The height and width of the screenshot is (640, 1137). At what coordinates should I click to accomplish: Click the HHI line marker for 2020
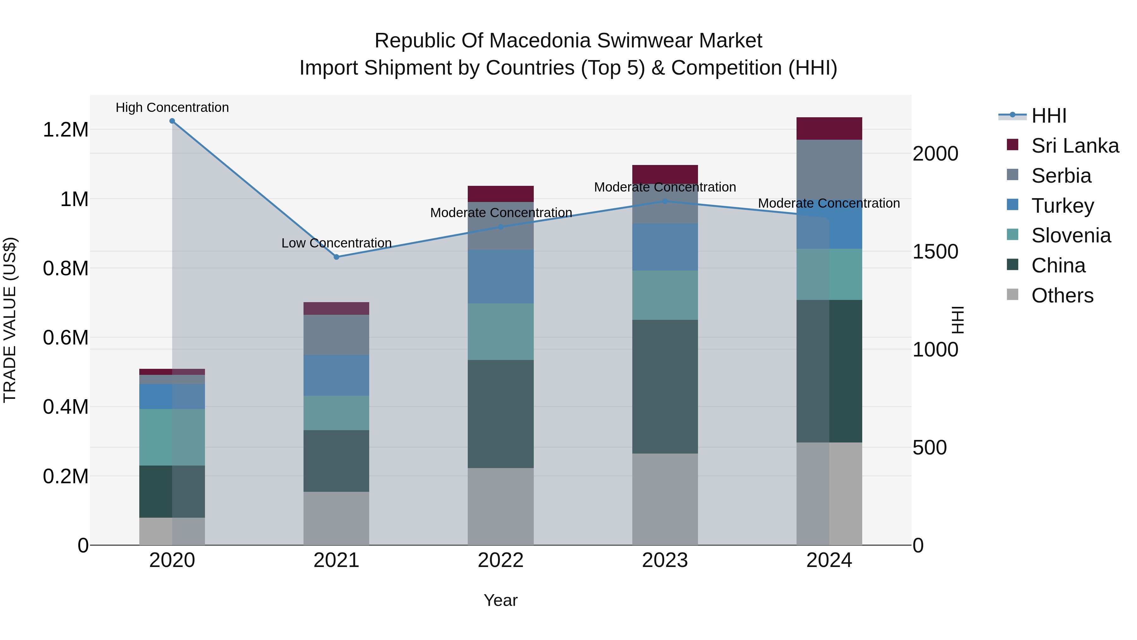pos(172,121)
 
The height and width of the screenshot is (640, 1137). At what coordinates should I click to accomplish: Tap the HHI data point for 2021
pos(336,257)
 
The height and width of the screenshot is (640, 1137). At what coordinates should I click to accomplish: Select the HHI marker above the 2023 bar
pos(665,201)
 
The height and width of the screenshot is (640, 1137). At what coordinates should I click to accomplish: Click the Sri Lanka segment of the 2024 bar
pos(829,129)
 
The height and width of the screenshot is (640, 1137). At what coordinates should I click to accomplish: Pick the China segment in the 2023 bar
pos(665,387)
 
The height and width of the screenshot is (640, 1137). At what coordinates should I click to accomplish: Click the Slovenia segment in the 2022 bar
pos(501,332)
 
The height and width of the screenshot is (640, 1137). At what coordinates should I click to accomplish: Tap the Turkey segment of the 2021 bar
pos(336,375)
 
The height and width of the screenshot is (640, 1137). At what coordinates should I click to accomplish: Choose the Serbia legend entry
pos(1061,176)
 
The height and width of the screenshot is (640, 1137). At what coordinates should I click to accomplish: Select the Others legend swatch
pos(1013,295)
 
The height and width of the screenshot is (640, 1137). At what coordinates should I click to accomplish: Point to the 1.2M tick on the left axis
pos(65,130)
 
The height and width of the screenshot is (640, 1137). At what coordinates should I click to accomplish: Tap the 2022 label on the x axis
pos(501,560)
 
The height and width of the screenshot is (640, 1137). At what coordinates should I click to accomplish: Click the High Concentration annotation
pos(172,107)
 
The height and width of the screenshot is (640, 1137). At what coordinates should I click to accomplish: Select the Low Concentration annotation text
pos(336,243)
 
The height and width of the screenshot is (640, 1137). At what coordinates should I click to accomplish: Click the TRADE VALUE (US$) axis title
pos(10,320)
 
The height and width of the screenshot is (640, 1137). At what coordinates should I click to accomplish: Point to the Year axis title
pos(501,600)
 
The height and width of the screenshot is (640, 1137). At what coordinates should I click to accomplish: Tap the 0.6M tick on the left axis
pos(65,338)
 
